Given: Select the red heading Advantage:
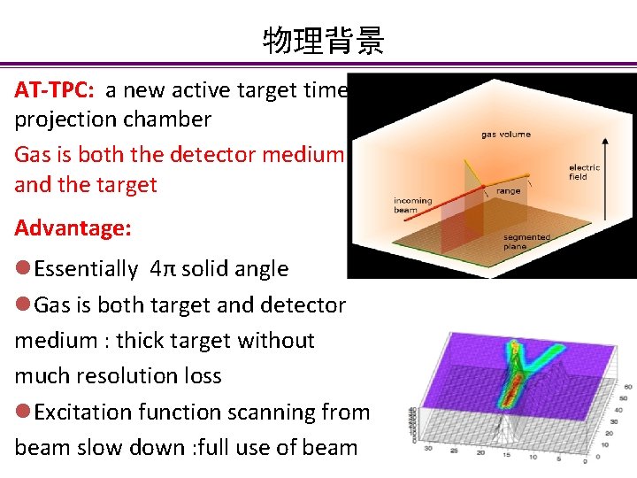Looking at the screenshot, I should pyautogui.click(x=73, y=228).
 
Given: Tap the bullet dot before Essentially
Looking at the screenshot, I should pyautogui.click(x=23, y=269).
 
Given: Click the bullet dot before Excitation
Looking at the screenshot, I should pyautogui.click(x=23, y=412).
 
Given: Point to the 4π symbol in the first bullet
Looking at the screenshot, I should pyautogui.click(x=161, y=269).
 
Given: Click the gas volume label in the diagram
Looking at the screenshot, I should pyautogui.click(x=506, y=135).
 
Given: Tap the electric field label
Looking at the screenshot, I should pyautogui.click(x=584, y=172).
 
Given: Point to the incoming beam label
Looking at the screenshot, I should pyautogui.click(x=412, y=205).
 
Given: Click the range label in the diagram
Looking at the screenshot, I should pyautogui.click(x=508, y=191).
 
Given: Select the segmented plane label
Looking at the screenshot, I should pyautogui.click(x=526, y=242).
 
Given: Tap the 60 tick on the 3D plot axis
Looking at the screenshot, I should pyautogui.click(x=627, y=387).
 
